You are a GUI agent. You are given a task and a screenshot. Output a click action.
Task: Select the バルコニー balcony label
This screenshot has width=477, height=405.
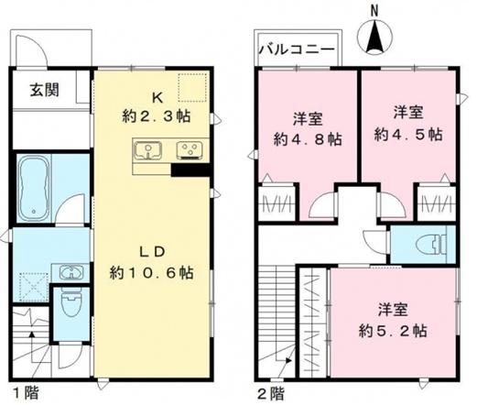(295, 49)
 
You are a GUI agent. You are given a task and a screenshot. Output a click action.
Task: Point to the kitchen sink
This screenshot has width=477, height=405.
(147, 151)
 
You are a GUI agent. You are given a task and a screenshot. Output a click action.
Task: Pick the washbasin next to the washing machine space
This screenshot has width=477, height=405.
(70, 271)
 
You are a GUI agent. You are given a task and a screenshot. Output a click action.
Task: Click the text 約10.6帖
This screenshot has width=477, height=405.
(151, 272)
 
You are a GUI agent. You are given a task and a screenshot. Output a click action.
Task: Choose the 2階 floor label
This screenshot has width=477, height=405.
(272, 392)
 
